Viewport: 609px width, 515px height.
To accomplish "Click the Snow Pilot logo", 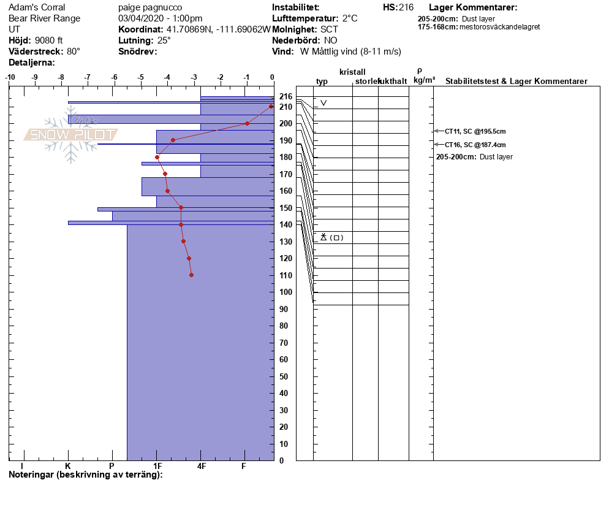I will [70, 135].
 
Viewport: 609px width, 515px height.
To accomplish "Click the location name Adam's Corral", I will [37, 7].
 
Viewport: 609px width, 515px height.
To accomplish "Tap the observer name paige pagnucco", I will [149, 7].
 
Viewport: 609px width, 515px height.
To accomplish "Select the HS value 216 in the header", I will [406, 7].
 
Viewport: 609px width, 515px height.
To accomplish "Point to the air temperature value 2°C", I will [350, 18].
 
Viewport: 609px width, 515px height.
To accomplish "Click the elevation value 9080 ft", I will [49, 40].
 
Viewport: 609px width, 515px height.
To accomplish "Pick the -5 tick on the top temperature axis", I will [141, 77].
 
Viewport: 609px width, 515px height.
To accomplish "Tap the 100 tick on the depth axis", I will [286, 292].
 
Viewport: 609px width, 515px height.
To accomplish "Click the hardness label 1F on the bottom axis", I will [157, 466].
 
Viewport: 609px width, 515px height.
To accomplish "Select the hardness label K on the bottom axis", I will [68, 466].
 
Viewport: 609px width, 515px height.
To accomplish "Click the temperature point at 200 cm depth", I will [247, 123].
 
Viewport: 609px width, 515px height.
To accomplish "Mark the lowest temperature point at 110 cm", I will [192, 275].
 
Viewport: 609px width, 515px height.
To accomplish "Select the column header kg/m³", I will [424, 80].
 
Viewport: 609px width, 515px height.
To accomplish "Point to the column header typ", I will [322, 82].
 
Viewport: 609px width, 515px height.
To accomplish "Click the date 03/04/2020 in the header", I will [143, 18].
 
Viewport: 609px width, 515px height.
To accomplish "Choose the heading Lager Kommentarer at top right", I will [473, 7].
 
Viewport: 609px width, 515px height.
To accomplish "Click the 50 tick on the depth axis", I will [286, 376].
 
